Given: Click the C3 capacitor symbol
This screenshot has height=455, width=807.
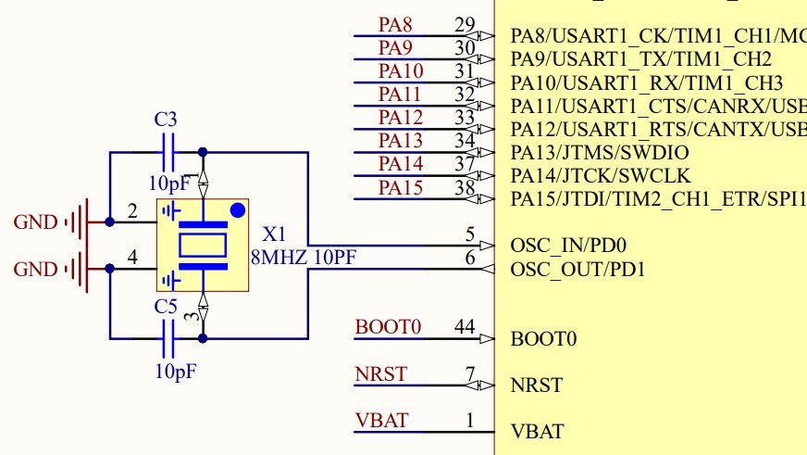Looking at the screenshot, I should (168, 152).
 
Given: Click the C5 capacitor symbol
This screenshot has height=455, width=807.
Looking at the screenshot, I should (168, 338).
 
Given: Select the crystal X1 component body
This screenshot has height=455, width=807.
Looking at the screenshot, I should (202, 245).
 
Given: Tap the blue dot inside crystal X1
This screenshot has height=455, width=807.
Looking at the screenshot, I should (237, 210).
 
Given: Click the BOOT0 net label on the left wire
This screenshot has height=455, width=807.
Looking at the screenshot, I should (389, 327).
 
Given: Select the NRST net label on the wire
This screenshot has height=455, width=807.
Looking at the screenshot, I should (381, 373).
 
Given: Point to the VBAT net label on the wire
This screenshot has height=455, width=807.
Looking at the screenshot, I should (381, 420).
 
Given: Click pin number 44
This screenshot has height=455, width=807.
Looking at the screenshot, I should (465, 327).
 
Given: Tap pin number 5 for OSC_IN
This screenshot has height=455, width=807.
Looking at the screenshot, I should (470, 234).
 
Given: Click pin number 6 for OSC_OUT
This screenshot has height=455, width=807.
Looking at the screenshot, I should (470, 259).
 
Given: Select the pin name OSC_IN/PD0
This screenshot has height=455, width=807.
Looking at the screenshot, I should (569, 246).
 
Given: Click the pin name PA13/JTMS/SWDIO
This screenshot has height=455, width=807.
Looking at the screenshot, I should (600, 153).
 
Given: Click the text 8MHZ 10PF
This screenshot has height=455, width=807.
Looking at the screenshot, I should (304, 258).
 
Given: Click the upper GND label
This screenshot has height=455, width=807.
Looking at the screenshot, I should (36, 222).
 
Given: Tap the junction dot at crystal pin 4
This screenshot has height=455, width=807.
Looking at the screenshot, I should (110, 269).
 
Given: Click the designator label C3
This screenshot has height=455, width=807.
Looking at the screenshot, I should (166, 120).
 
